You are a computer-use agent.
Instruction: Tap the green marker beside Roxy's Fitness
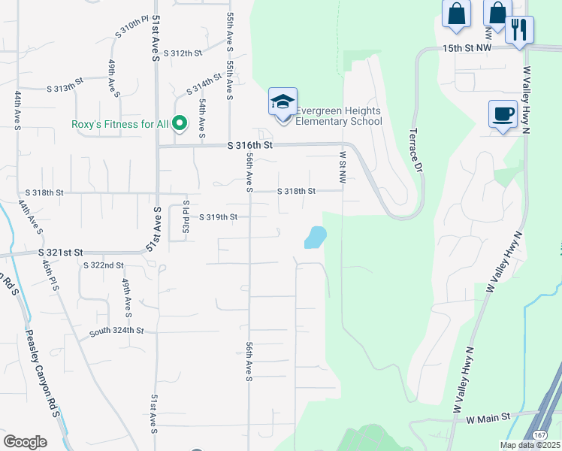pos(180,123)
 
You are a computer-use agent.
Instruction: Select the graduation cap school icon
pos(283,102)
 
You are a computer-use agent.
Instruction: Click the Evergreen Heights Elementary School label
pos(338,116)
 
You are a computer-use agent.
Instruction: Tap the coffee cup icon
pos(503,115)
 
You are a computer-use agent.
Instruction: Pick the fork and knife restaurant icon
pos(519,30)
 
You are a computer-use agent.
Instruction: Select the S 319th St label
pos(219,217)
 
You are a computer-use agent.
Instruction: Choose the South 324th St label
pos(116,330)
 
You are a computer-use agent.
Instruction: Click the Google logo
pos(25,442)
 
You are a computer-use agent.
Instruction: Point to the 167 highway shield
pos(540,434)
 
